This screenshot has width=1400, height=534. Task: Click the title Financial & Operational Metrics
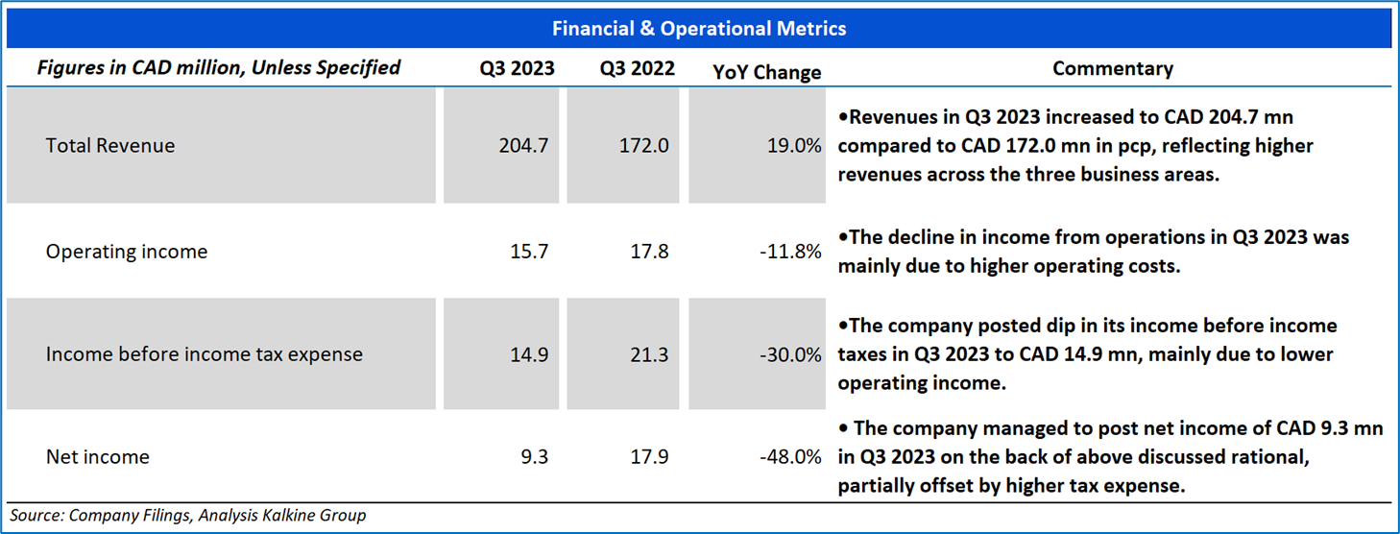click(699, 29)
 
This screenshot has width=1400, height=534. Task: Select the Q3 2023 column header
click(518, 69)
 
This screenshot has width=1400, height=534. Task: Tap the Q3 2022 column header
click(637, 69)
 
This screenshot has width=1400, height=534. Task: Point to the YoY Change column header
click(767, 72)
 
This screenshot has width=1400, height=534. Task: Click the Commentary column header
click(1113, 69)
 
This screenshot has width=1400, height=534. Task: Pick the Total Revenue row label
click(110, 146)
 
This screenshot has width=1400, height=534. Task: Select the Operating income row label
click(127, 252)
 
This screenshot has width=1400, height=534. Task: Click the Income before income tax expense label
click(205, 354)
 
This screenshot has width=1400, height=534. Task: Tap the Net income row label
click(98, 457)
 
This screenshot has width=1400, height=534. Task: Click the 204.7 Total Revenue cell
click(523, 146)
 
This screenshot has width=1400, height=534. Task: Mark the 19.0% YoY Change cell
click(795, 146)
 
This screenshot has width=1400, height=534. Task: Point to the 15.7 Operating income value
click(530, 252)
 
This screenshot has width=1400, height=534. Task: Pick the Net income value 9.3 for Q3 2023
click(534, 457)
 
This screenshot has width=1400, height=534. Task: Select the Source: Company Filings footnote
click(188, 516)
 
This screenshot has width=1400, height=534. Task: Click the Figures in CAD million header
click(218, 67)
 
